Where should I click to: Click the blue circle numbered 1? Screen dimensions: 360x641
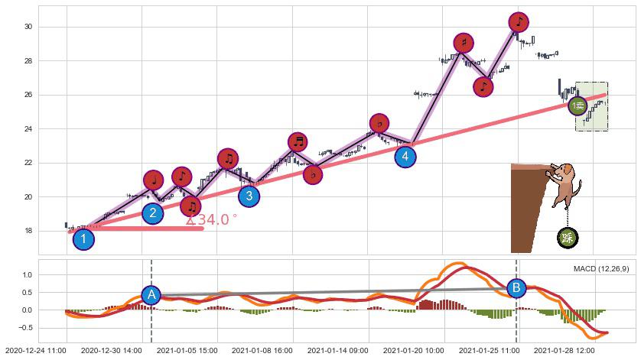(x=83, y=239)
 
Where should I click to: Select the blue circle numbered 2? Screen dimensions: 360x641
(x=153, y=213)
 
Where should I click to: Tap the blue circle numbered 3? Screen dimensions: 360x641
(x=249, y=196)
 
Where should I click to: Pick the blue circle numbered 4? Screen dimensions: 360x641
(x=405, y=157)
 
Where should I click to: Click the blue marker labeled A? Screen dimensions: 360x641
(x=151, y=295)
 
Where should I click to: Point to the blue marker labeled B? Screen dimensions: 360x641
(x=516, y=288)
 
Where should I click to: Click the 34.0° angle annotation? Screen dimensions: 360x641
(x=212, y=220)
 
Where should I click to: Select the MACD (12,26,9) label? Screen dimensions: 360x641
(x=601, y=269)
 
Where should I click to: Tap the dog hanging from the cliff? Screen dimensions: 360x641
(x=565, y=183)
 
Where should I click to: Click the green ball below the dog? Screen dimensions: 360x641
(x=568, y=238)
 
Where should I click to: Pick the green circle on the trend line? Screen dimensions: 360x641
(x=578, y=106)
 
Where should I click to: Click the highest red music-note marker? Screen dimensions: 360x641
(x=518, y=21)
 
